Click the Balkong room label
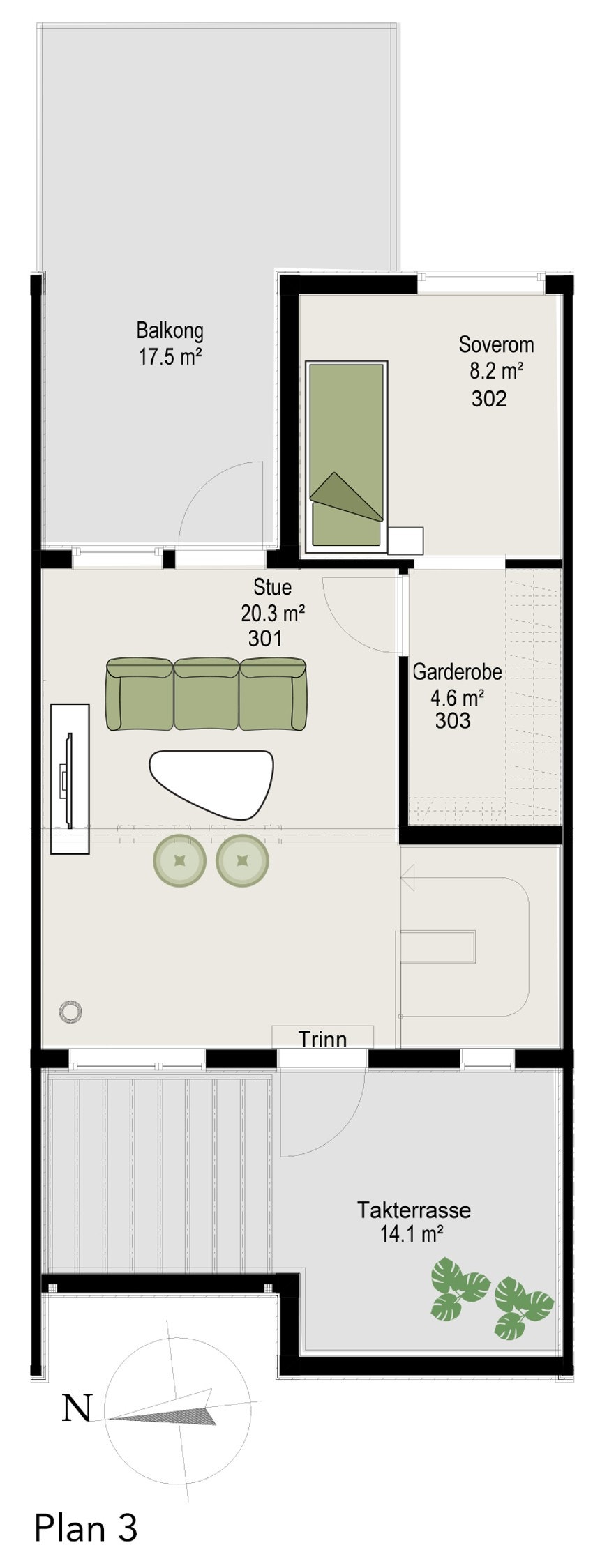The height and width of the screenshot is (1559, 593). click(170, 330)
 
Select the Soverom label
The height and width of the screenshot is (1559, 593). click(496, 344)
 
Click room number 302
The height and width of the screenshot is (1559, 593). click(488, 399)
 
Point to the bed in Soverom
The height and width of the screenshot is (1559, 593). click(347, 457)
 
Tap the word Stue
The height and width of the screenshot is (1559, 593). click(272, 587)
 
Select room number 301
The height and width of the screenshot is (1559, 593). click(265, 638)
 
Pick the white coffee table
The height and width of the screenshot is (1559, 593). click(211, 782)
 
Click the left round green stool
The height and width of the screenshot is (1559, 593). click(180, 861)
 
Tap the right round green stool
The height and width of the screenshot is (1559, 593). click(243, 861)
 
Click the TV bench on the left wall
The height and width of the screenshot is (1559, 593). click(70, 778)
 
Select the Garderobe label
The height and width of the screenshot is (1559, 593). click(457, 672)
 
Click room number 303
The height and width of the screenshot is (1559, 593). click(452, 720)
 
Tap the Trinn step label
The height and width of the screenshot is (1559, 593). click(322, 1040)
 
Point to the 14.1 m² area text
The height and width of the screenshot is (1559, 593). click(412, 1235)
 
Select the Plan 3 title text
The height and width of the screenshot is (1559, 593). click(86, 1527)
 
